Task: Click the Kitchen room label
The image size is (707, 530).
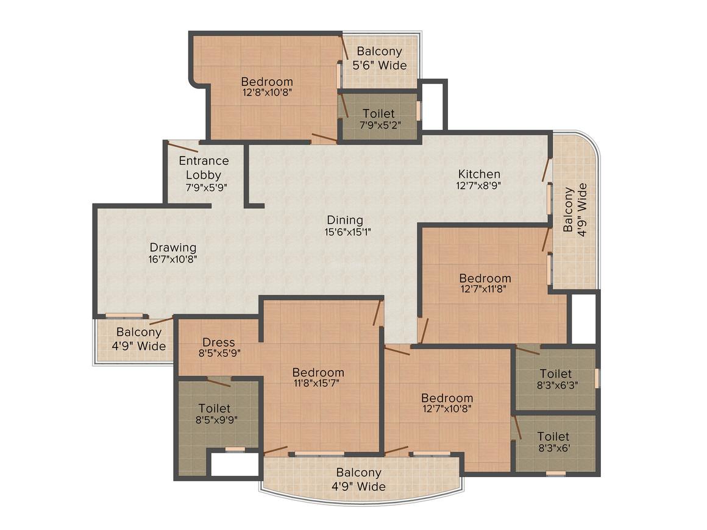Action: [x=479, y=174]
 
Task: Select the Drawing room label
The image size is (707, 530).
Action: [x=173, y=247]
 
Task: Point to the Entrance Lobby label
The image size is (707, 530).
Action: [x=204, y=168]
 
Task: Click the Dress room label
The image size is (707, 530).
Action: [x=218, y=342]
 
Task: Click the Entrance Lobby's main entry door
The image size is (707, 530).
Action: [x=183, y=146]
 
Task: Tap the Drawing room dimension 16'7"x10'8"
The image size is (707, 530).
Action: [x=173, y=259]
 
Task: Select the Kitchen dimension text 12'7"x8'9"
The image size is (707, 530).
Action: [x=479, y=185]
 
